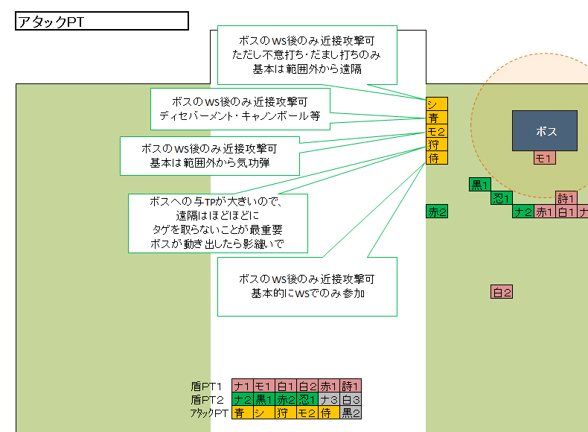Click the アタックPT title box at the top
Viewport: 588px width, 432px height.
[x=101, y=22]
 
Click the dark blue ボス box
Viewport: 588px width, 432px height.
[x=545, y=131]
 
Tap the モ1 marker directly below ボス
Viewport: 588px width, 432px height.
[x=544, y=158]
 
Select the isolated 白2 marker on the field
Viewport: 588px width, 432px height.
[x=502, y=293]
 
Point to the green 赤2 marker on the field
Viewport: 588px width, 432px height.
[x=437, y=212]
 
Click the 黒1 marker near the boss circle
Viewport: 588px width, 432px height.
[x=479, y=185]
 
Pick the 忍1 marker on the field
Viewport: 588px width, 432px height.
[x=500, y=198]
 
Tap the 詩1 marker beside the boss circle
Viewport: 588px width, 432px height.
[x=566, y=198]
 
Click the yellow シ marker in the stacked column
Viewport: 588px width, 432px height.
[x=437, y=104]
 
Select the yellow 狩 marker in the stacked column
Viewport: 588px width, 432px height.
[x=437, y=144]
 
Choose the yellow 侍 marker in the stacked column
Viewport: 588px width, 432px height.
[x=437, y=158]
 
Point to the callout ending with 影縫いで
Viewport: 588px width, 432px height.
[x=217, y=223]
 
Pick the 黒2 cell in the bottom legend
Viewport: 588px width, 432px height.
[x=351, y=413]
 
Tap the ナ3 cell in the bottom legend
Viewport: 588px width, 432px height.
[x=329, y=400]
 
